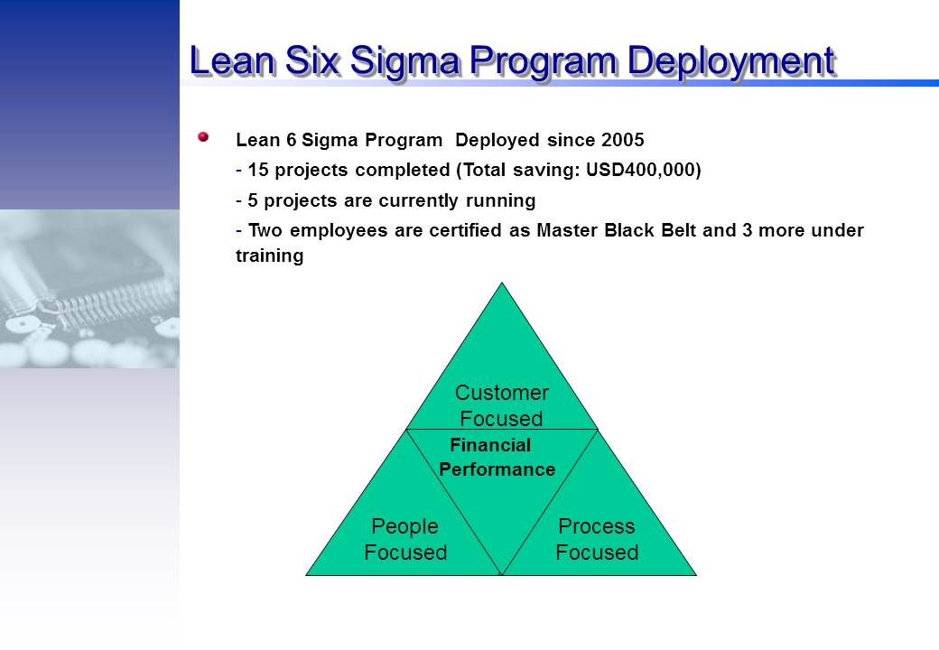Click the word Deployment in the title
pyautogui.click(x=731, y=62)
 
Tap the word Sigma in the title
pyautogui.click(x=404, y=62)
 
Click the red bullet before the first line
pyautogui.click(x=203, y=137)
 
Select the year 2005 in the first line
pyautogui.click(x=623, y=140)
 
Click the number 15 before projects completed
pyautogui.click(x=257, y=170)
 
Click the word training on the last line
pyautogui.click(x=269, y=256)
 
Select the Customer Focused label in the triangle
pyautogui.click(x=502, y=405)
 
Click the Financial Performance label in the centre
pyautogui.click(x=497, y=458)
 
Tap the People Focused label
pyautogui.click(x=405, y=539)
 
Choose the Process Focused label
pyautogui.click(x=597, y=539)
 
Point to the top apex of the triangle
pyautogui.click(x=502, y=283)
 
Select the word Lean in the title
pyautogui.click(x=233, y=61)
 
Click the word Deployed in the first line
pyautogui.click(x=497, y=141)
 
